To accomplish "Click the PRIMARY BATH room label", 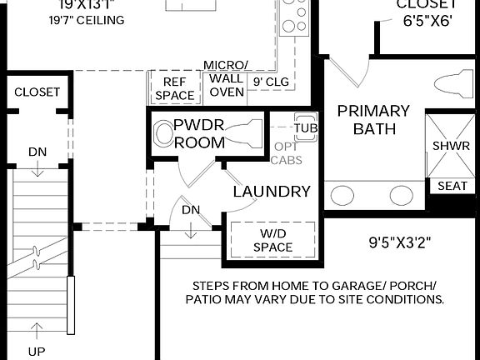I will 373,120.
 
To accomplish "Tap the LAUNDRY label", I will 272,192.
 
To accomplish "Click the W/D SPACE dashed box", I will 272,240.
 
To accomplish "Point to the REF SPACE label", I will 174,89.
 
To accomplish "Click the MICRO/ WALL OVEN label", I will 226,78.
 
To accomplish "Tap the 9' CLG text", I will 270,82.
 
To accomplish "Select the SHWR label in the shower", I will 450,146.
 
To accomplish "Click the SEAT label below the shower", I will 452,186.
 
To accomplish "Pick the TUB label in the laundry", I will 306,127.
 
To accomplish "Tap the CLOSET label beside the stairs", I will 37,92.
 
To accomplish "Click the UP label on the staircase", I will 37,351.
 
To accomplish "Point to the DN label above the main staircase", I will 37,152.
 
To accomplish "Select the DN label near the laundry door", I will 191,210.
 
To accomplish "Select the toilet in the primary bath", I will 455,84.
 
